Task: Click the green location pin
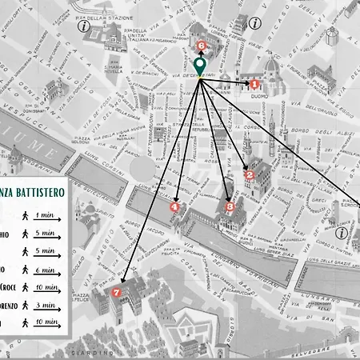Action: (x=199, y=65)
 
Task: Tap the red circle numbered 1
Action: (x=254, y=83)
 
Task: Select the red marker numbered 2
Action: (x=249, y=174)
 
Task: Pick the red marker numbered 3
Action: (x=230, y=206)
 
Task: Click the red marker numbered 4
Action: (x=175, y=206)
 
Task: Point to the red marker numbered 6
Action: (x=200, y=46)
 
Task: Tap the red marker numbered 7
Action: (x=118, y=292)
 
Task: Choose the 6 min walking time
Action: (x=45, y=270)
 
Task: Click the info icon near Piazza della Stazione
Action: (x=83, y=26)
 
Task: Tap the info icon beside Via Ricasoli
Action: (x=254, y=24)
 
